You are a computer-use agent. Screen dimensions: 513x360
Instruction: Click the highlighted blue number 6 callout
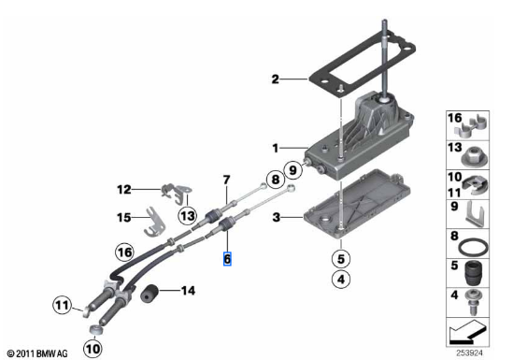click(227, 259)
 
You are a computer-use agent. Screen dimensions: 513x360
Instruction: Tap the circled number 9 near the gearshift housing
click(292, 170)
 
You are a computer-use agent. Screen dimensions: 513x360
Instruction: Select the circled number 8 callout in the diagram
click(276, 180)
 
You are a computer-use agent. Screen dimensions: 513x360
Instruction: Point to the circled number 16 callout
click(124, 252)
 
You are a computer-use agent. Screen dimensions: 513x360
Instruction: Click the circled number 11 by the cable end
click(63, 305)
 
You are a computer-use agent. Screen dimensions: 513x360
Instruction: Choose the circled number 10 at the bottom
click(93, 348)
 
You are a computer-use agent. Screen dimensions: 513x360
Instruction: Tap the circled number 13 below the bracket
click(188, 216)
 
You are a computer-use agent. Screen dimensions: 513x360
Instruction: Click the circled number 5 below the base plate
click(341, 259)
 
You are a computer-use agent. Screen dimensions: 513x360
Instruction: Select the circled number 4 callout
click(341, 280)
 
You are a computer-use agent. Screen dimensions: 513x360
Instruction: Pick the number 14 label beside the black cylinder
click(188, 291)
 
